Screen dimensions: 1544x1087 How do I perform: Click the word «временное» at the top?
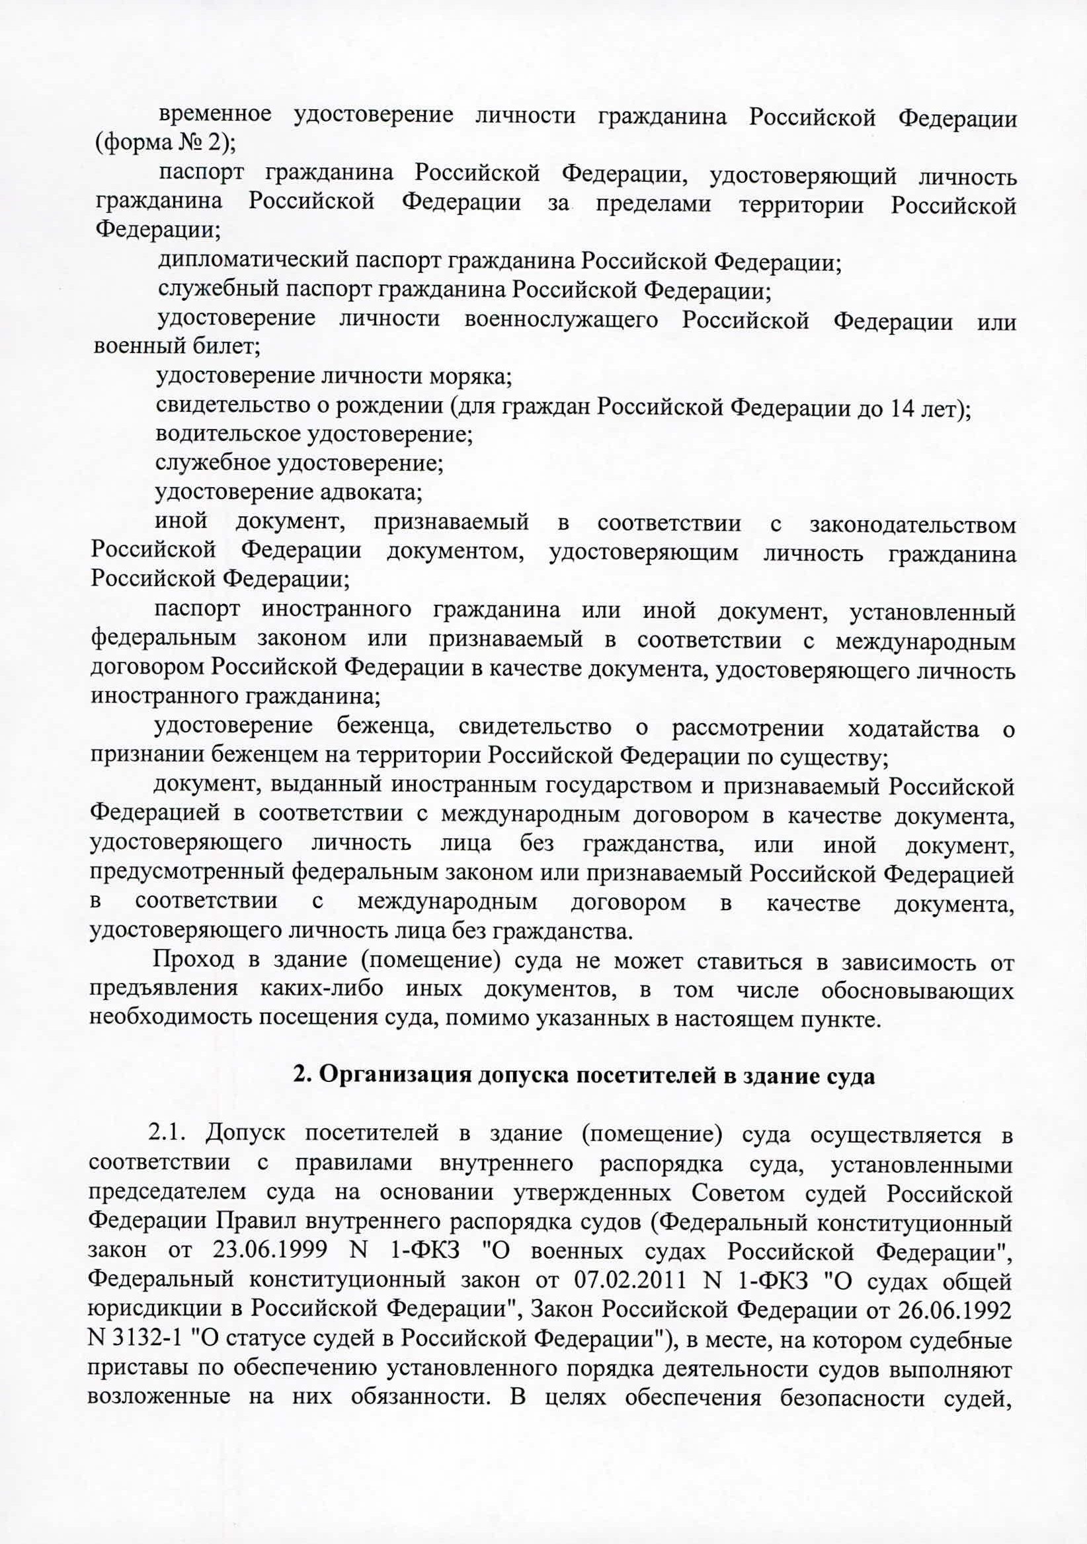[x=215, y=116]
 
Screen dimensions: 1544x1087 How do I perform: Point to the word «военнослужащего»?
[x=560, y=320]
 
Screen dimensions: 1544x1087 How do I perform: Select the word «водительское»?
[x=229, y=435]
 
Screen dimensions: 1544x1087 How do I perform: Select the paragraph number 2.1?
[x=169, y=1134]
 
